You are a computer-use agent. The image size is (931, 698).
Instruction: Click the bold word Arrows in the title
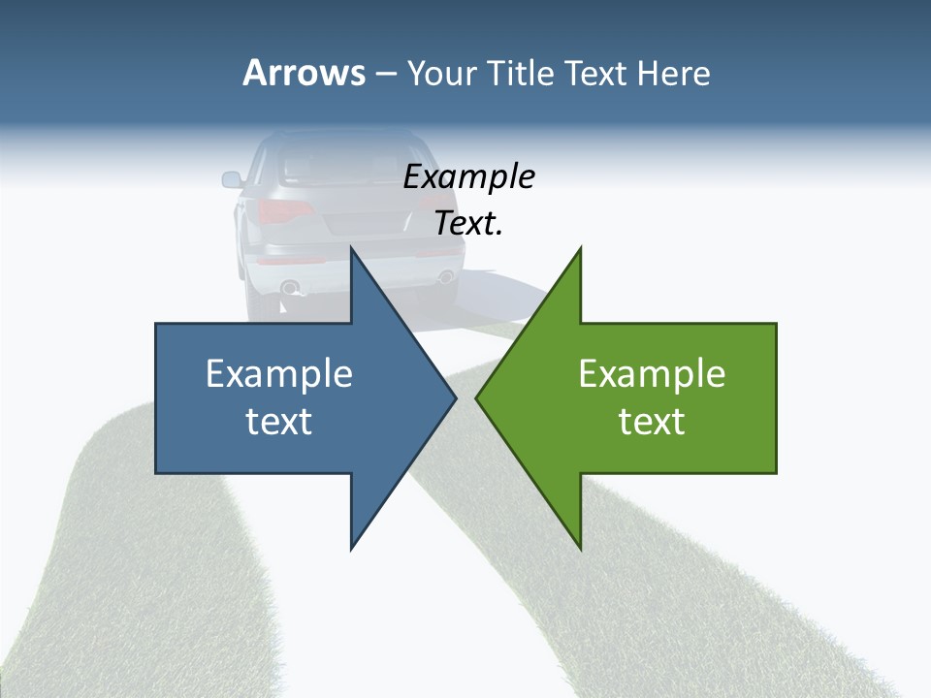tap(303, 73)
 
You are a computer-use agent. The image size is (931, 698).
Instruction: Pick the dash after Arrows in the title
tap(385, 75)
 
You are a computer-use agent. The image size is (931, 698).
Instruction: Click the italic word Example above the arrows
tap(468, 176)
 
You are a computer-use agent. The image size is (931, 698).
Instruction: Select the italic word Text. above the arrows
tap(468, 224)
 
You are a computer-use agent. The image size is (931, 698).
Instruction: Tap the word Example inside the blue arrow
tap(279, 373)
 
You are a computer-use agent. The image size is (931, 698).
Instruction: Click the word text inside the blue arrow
tap(279, 422)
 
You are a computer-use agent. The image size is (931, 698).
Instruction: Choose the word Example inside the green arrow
tap(652, 373)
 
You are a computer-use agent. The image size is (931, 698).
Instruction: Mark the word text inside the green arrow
tap(652, 422)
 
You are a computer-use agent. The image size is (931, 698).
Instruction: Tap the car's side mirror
tap(232, 179)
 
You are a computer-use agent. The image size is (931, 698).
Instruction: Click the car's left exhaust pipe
tap(289, 287)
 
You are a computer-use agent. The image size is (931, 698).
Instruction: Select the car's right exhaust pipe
tap(445, 276)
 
